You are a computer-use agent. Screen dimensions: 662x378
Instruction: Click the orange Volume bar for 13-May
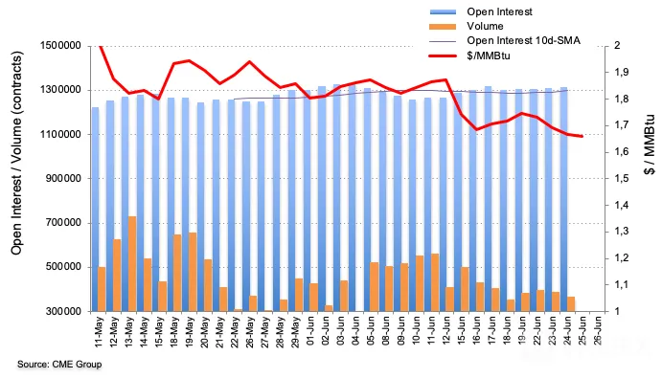(132, 264)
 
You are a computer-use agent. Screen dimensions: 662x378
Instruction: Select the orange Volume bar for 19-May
(193, 272)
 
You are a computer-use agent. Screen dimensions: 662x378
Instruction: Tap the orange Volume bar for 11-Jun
(435, 282)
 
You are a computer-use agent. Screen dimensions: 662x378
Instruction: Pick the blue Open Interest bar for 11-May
(96, 210)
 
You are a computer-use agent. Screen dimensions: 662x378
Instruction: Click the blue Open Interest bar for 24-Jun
(563, 199)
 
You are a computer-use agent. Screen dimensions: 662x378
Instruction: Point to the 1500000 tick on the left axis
(60, 46)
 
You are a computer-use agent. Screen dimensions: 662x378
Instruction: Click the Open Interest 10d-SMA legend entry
(505, 40)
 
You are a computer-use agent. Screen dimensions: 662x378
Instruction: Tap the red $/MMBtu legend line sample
(443, 56)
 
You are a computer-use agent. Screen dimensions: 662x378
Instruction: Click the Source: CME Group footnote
(59, 364)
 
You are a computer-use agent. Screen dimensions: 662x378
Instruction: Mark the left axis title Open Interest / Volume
(16, 153)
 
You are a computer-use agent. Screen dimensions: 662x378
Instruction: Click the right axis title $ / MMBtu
(650, 145)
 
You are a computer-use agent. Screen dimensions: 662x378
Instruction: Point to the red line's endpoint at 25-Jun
(582, 136)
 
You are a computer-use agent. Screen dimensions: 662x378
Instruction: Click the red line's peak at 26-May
(249, 61)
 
